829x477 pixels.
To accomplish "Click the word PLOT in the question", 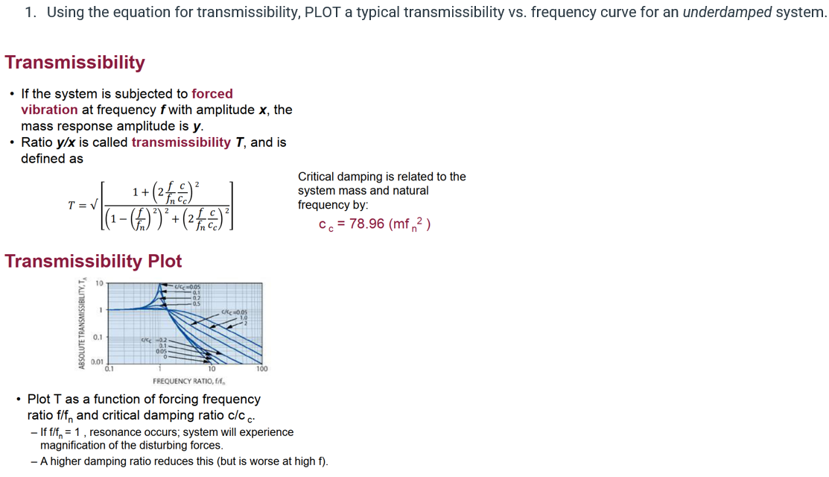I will click(323, 13).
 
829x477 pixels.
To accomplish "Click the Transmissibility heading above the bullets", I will click(75, 63).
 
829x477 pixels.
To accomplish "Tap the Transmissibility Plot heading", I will click(93, 261).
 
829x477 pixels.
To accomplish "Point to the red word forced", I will click(212, 94).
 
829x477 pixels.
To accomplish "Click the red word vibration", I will click(49, 110).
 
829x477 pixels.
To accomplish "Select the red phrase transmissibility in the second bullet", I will click(181, 142).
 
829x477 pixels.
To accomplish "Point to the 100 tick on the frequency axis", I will click(261, 368).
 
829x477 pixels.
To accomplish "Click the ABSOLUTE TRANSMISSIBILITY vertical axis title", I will click(80, 324).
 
